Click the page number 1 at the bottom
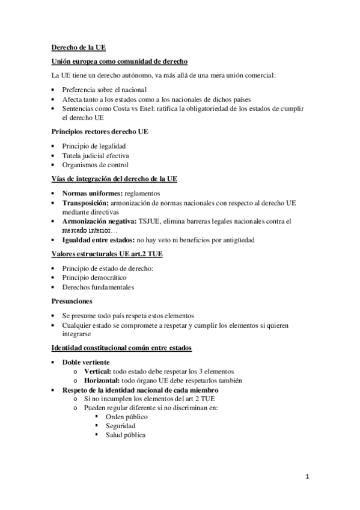click(x=307, y=478)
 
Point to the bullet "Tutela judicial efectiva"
click(x=96, y=155)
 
